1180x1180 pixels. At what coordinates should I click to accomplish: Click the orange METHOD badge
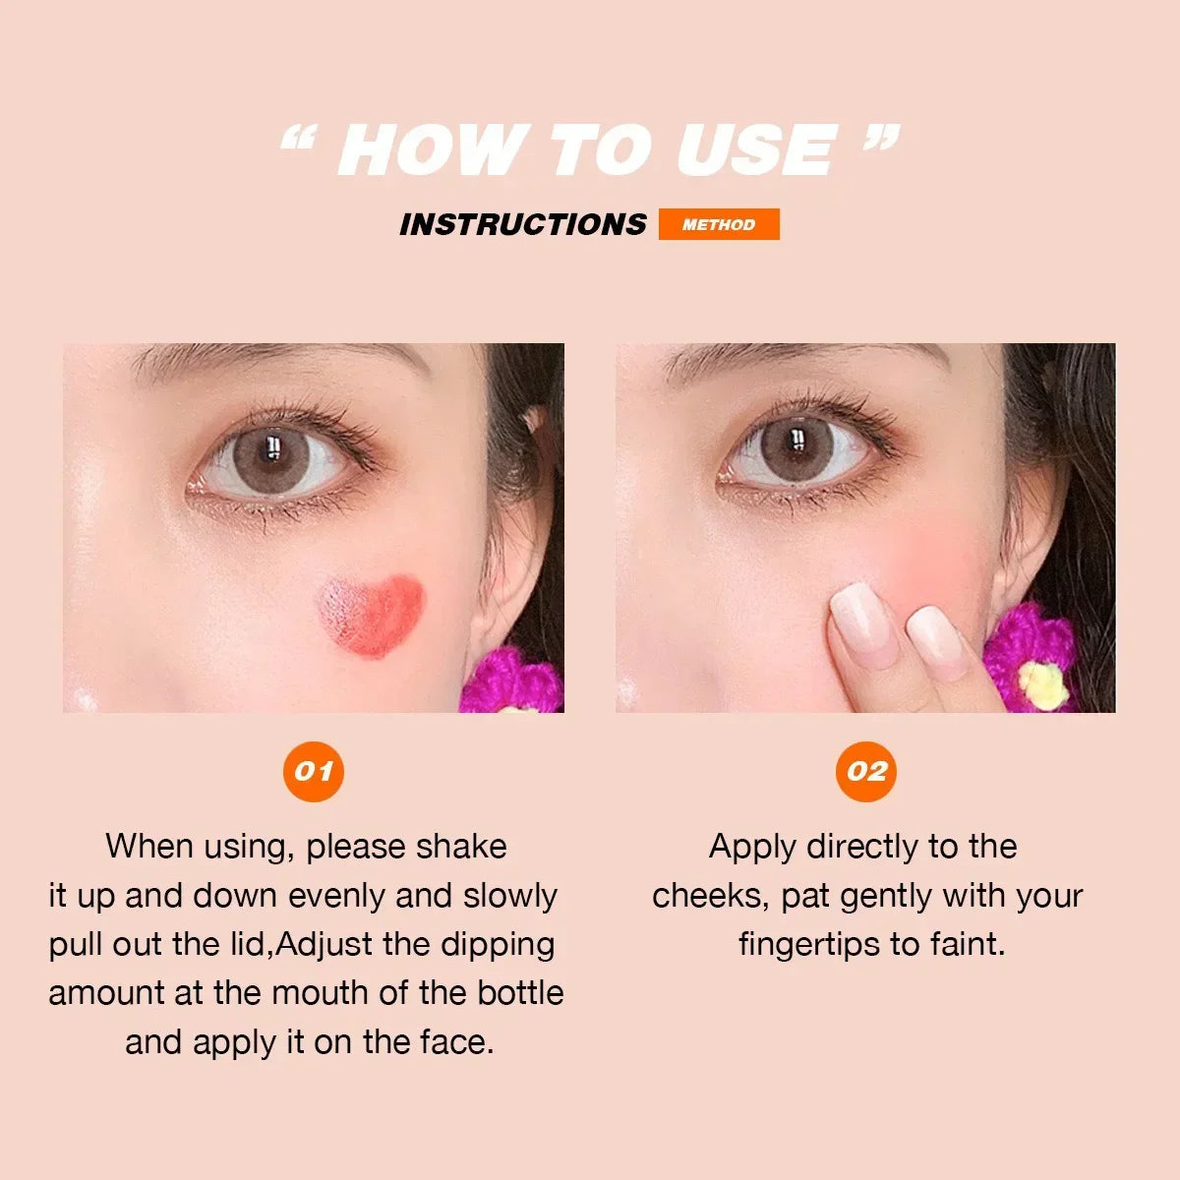point(719,224)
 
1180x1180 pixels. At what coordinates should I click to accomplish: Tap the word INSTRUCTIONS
point(522,224)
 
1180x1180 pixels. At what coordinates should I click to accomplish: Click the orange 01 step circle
point(314,771)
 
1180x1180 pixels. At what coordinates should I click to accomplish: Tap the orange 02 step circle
point(866,771)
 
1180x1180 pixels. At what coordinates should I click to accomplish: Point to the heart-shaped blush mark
point(371,615)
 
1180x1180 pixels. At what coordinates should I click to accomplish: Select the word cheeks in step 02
point(710,896)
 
